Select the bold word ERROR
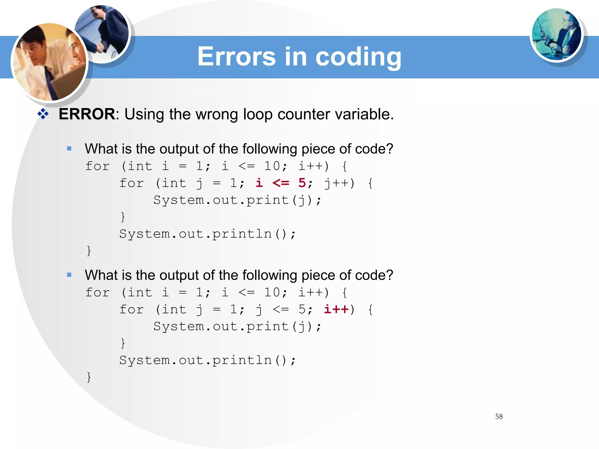point(87,114)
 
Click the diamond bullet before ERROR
point(43,114)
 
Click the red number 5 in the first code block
point(302,183)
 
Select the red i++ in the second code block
point(336,309)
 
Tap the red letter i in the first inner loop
point(259,183)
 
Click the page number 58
point(499,417)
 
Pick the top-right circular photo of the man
point(556,34)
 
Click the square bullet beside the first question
point(69,149)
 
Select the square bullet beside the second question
point(69,275)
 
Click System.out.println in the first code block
point(195,234)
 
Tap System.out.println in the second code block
point(195,360)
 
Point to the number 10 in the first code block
point(272,166)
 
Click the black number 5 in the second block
point(302,309)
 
